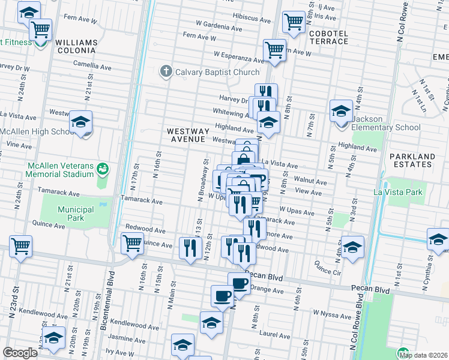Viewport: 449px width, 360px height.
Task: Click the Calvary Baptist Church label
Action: tap(217, 72)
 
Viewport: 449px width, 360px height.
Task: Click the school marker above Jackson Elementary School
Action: tap(341, 111)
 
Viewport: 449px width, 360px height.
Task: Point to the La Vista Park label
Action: tap(398, 193)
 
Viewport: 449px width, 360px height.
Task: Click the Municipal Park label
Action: tap(76, 214)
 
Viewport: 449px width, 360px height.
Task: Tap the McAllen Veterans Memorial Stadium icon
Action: tap(103, 170)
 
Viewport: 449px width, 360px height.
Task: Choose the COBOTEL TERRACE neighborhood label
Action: tap(329, 37)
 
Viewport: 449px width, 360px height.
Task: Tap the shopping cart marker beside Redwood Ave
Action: tap(131, 244)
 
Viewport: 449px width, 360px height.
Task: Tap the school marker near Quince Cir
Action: tap(352, 248)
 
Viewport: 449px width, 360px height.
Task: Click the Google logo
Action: tap(20, 353)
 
